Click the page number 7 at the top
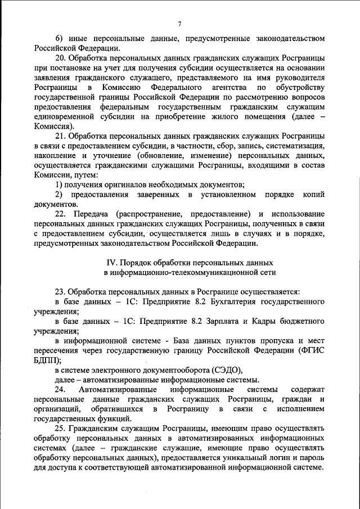pyautogui.click(x=179, y=23)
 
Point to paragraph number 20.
pyautogui.click(x=60, y=58)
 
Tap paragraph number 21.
pyautogui.click(x=60, y=137)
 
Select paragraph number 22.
pyautogui.click(x=60, y=214)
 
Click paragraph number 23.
pyautogui.click(x=60, y=292)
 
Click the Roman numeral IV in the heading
pyautogui.click(x=111, y=263)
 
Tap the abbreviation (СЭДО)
pyautogui.click(x=225, y=370)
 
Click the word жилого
pyautogui.click(x=231, y=118)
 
